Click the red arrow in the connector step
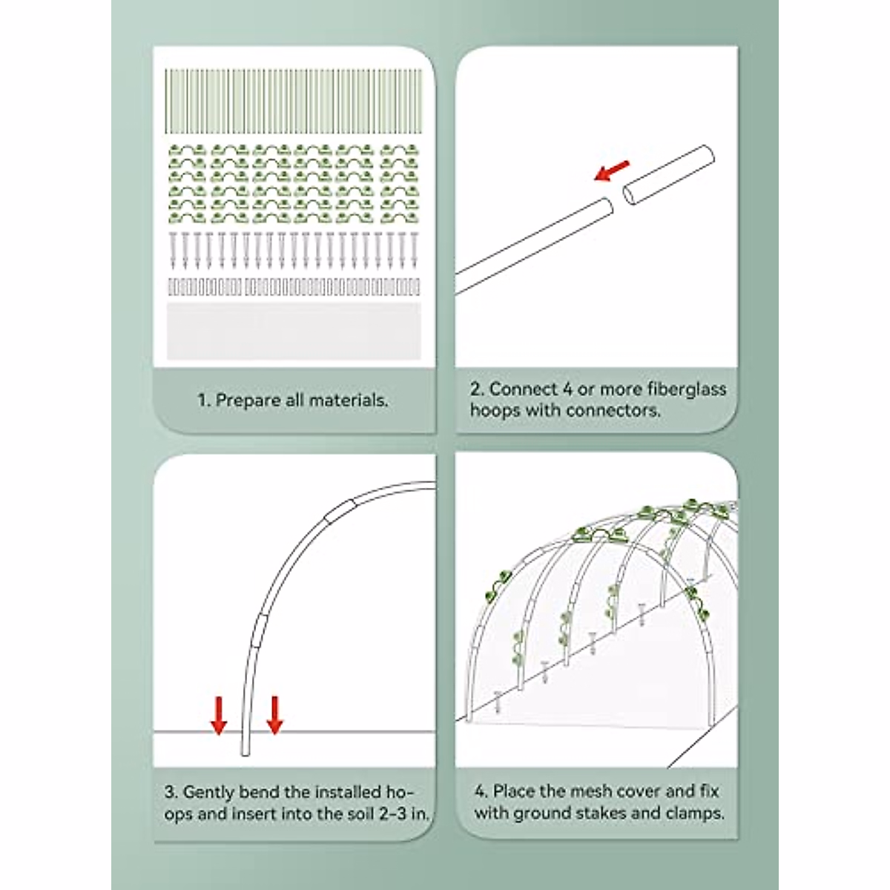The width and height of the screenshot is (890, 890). [613, 171]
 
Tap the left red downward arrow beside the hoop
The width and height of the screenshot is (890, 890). [218, 715]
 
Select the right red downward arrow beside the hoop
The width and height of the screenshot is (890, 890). [275, 715]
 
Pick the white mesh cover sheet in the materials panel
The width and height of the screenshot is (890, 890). [293, 330]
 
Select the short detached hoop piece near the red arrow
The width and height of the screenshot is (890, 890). [669, 176]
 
